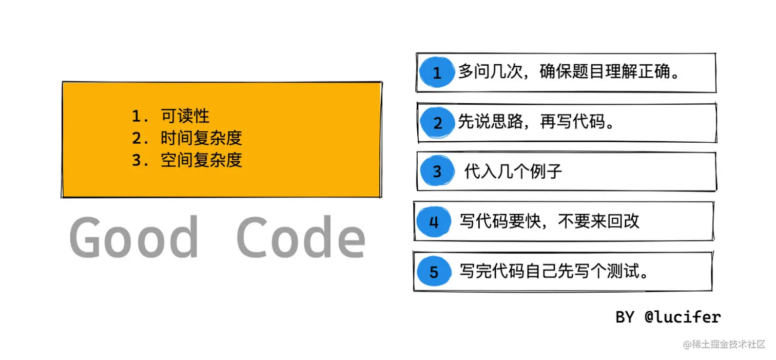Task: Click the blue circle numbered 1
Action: click(436, 72)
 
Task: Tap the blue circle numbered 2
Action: click(437, 123)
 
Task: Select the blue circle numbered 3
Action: click(437, 171)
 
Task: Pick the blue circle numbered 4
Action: click(434, 222)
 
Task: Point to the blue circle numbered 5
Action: click(434, 271)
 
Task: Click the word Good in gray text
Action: click(134, 237)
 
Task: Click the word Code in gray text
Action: click(301, 237)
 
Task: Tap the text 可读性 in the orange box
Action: click(185, 116)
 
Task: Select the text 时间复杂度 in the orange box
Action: click(201, 138)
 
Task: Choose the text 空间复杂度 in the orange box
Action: click(201, 160)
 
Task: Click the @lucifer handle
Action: click(683, 317)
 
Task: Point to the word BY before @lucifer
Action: click(625, 317)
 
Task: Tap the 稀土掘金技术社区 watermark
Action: click(724, 344)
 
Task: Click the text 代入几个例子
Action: click(513, 171)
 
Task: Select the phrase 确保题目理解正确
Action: click(606, 72)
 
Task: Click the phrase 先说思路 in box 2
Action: click(490, 122)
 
